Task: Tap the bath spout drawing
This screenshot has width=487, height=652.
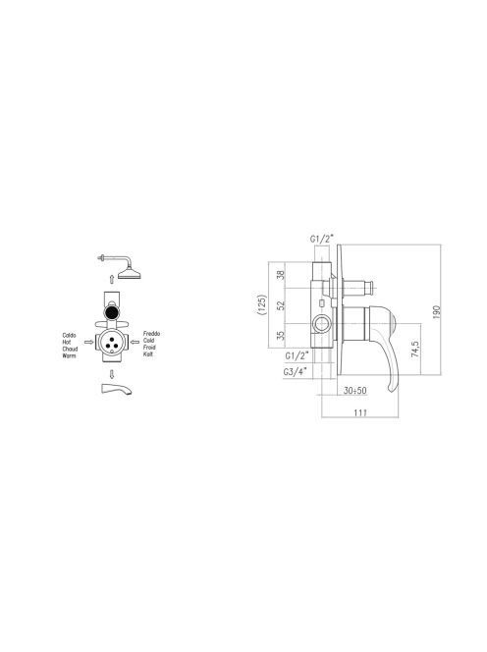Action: click(117, 389)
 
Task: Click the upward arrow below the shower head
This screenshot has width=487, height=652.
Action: click(112, 279)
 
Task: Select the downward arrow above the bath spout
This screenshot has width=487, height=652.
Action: click(112, 374)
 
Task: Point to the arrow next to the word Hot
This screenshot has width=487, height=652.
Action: click(88, 343)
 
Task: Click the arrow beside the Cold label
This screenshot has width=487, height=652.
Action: click(135, 343)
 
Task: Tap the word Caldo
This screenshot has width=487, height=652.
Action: click(69, 335)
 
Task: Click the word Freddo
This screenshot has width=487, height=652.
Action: click(151, 334)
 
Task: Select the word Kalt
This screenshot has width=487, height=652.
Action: click(147, 354)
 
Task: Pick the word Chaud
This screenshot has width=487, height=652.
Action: click(70, 349)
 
